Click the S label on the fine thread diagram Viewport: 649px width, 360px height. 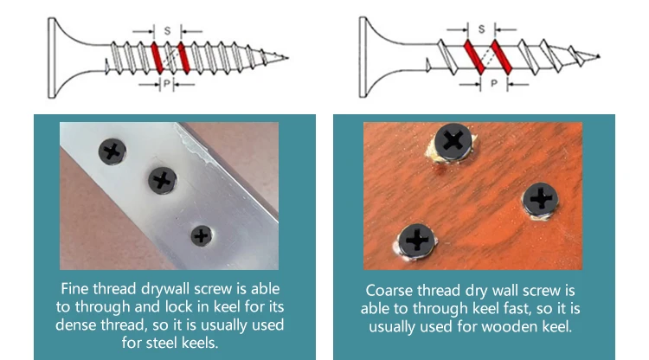click(x=166, y=30)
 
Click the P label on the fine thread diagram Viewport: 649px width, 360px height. click(x=166, y=84)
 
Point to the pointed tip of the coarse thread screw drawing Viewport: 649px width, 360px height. click(x=599, y=57)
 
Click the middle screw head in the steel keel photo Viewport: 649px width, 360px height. click(x=162, y=181)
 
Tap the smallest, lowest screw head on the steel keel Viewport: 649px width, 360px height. click(x=201, y=235)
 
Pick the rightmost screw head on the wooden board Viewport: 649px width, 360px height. click(x=541, y=200)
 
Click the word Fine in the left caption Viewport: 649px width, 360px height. click(x=74, y=289)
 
